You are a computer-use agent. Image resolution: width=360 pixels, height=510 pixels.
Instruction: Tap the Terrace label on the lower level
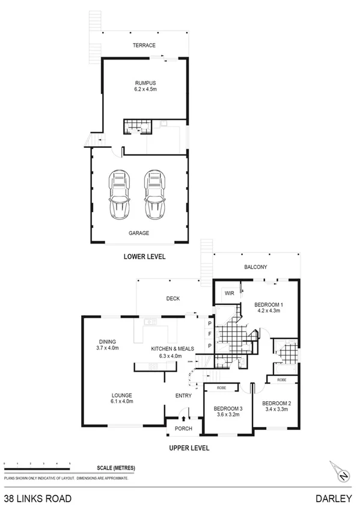tap(144, 46)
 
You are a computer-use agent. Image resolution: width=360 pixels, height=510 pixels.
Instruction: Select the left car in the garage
tap(119, 195)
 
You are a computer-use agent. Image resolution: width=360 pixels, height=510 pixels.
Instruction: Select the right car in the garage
tap(154, 195)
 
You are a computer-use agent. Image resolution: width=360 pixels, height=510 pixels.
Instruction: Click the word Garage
tap(138, 233)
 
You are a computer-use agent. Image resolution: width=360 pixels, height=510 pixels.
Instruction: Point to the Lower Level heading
tap(144, 257)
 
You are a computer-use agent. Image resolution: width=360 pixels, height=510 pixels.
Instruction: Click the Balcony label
tap(255, 267)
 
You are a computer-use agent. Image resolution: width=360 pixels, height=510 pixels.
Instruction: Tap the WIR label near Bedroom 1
tap(229, 293)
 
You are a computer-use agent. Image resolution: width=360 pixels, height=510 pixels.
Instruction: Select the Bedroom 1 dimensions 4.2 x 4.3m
tap(268, 311)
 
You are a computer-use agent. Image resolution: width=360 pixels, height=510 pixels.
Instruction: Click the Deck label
tap(173, 298)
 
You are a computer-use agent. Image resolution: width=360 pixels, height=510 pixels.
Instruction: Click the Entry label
tap(183, 395)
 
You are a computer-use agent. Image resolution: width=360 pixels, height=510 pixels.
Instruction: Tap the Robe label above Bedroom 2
tap(281, 381)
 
